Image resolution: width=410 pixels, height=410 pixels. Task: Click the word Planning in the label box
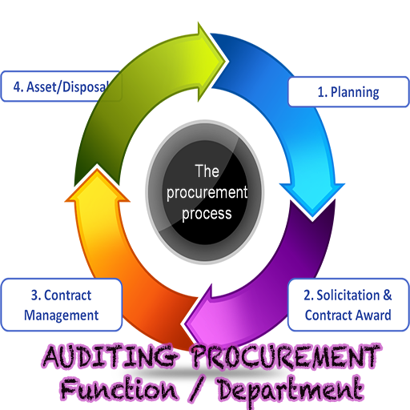point(355,92)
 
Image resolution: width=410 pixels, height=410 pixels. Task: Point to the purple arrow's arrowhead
point(199,315)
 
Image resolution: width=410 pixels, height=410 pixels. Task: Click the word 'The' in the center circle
point(207,171)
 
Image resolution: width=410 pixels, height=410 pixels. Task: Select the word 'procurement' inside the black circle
point(207,193)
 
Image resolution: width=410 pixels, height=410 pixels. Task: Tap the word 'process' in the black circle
point(207,214)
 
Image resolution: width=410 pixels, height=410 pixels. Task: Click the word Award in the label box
point(373,316)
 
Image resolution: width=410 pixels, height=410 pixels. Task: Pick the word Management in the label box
point(62,316)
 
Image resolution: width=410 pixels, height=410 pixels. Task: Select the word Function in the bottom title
point(119,389)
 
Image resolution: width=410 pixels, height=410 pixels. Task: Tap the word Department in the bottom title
point(290,391)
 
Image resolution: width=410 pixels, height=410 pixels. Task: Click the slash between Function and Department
point(197,389)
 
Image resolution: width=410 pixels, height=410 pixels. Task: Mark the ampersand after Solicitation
point(388,295)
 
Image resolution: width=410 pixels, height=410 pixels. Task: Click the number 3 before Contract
point(34,295)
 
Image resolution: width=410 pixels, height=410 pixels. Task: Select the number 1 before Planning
point(321,92)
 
